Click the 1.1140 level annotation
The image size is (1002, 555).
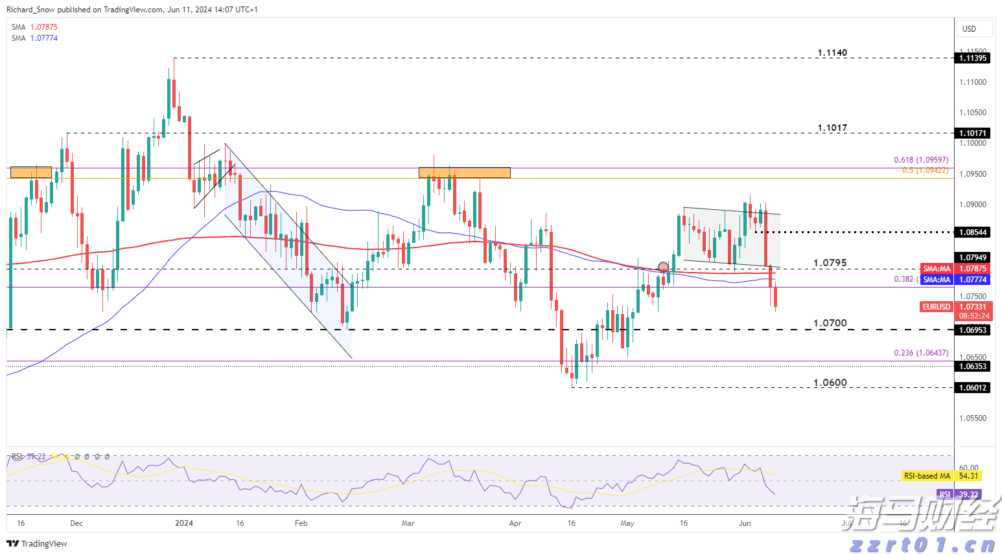point(832,53)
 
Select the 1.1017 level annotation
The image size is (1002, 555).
point(832,128)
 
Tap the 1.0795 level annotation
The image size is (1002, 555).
point(830,263)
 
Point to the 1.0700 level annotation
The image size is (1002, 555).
point(830,323)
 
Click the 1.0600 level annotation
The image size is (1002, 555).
point(830,383)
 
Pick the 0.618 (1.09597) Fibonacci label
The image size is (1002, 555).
point(921,160)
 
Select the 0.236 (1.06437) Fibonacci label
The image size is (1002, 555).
point(921,353)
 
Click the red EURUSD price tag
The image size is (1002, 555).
point(936,307)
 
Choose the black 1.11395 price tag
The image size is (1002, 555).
point(973,58)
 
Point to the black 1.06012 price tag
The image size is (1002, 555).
point(973,387)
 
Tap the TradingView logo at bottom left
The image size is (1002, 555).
point(37,543)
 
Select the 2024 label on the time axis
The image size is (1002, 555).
point(184,523)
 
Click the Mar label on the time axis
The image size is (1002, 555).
point(408,523)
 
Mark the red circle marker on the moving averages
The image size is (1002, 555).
point(663,267)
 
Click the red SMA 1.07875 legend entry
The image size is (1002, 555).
point(34,27)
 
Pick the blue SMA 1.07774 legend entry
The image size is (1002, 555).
point(34,38)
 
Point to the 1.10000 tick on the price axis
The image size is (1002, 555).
point(973,143)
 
